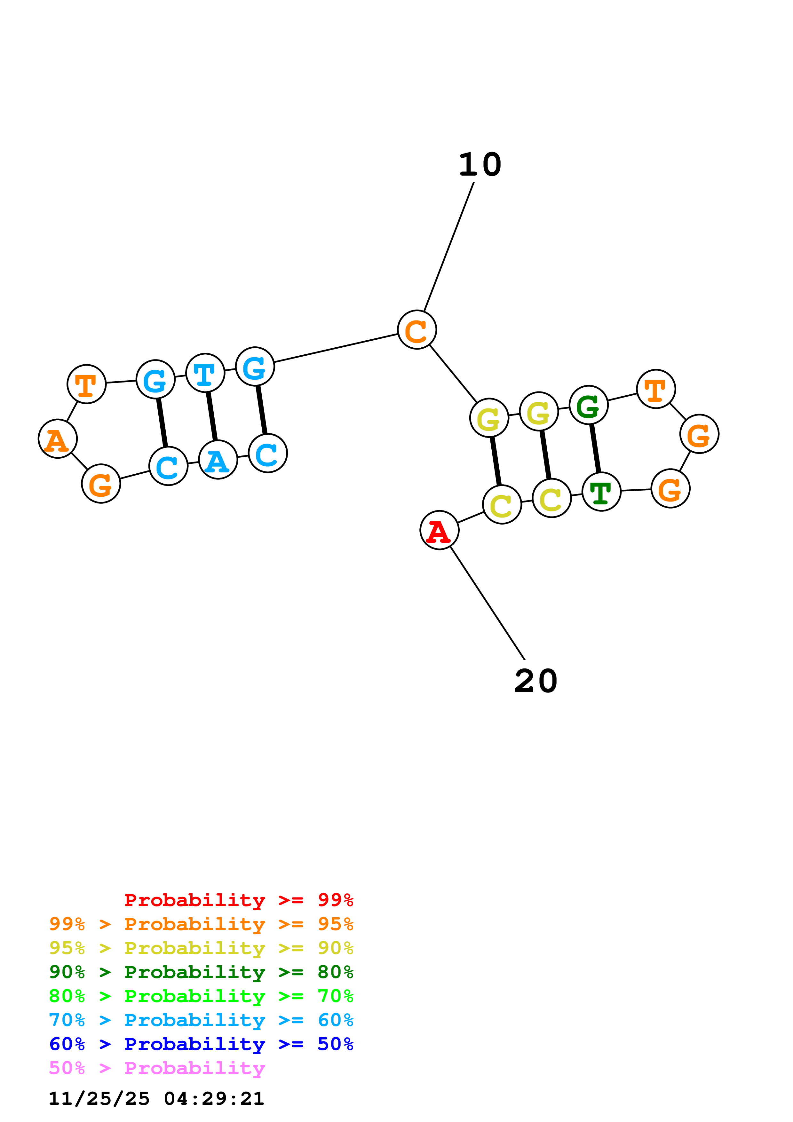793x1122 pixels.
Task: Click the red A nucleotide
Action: (439, 530)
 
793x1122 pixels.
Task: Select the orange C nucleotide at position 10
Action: (417, 330)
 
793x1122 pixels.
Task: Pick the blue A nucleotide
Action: (218, 460)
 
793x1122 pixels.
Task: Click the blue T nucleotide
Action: (205, 373)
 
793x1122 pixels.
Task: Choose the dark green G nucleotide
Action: (588, 405)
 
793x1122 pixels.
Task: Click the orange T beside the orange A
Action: (86, 384)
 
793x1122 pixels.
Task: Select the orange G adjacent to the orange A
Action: (101, 484)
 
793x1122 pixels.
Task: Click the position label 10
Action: (480, 165)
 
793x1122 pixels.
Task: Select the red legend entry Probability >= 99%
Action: (238, 900)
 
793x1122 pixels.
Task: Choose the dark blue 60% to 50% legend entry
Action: (201, 1044)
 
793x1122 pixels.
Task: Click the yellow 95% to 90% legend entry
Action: (201, 948)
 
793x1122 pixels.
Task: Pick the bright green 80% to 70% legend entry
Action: (201, 996)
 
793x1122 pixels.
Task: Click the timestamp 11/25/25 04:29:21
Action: (156, 1099)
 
